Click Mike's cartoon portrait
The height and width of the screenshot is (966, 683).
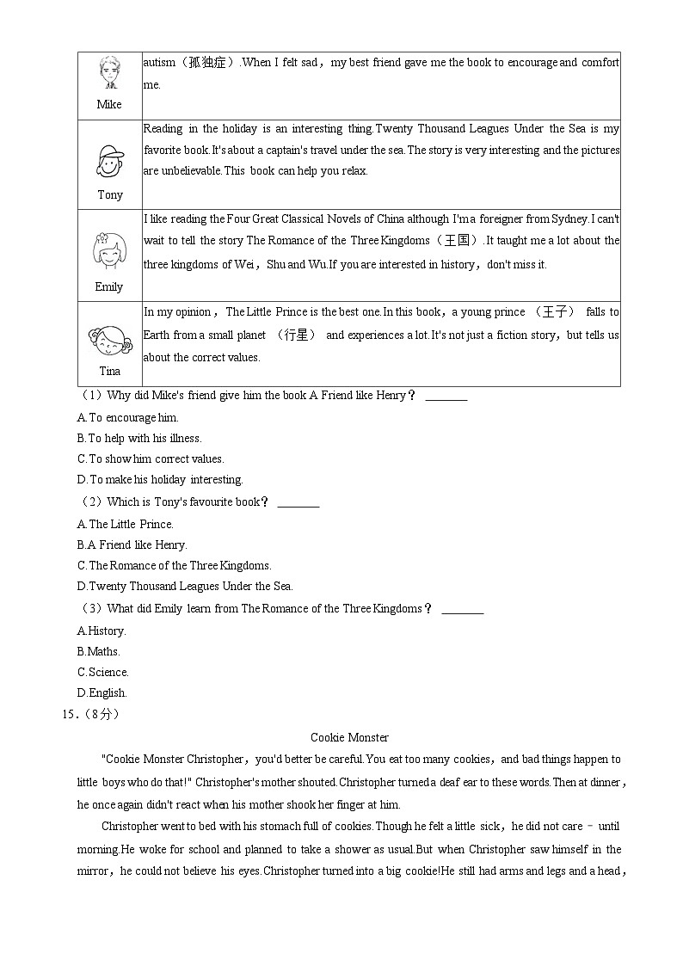[x=109, y=74]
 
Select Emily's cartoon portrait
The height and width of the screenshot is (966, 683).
[x=109, y=250]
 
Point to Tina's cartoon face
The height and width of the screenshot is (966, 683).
[x=109, y=339]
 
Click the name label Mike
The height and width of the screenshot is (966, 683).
[x=109, y=104]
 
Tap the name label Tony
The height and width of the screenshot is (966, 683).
[x=110, y=194]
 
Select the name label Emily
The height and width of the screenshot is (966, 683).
[x=109, y=286]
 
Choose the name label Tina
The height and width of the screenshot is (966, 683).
[x=110, y=371]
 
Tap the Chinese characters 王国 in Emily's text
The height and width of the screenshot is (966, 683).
[x=460, y=241]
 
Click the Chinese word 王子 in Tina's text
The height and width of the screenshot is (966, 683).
[x=554, y=312]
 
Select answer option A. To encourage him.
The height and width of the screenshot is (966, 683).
[x=127, y=417]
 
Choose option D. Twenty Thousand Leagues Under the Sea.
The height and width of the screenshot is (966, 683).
[x=185, y=586]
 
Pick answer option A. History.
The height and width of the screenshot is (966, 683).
[x=101, y=631]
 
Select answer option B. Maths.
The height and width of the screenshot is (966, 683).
[x=98, y=651]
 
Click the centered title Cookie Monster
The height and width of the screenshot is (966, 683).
[x=349, y=737]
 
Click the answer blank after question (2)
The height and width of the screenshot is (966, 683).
[x=298, y=502]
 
